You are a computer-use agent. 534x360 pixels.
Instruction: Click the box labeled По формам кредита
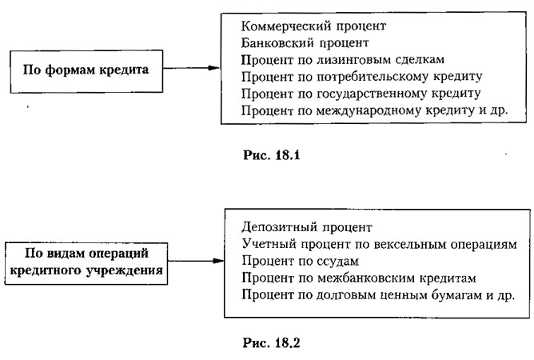(86, 71)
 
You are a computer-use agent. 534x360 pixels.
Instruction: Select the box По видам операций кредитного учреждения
(86, 263)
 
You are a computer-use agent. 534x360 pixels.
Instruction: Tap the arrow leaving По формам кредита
(192, 68)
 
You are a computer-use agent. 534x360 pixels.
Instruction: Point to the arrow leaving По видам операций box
(196, 261)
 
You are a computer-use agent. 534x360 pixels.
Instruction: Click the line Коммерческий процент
(313, 26)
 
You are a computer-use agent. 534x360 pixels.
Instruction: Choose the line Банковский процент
(305, 43)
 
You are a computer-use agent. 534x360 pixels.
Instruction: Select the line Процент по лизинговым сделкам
(343, 60)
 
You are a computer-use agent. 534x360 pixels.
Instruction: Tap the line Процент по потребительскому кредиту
(361, 77)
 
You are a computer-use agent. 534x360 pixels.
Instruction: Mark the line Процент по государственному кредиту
(361, 94)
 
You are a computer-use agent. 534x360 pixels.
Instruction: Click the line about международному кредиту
(375, 110)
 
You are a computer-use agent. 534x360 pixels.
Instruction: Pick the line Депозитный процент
(307, 227)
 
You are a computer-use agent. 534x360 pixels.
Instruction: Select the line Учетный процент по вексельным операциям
(380, 244)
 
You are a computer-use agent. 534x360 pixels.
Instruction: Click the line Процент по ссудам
(301, 261)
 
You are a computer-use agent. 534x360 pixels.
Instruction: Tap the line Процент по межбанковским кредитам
(359, 278)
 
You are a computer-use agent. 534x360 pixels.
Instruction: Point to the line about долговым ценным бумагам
(378, 294)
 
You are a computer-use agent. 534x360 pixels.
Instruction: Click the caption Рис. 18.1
(272, 155)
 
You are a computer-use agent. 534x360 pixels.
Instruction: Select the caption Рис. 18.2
(272, 342)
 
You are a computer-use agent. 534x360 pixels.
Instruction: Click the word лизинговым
(354, 60)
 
